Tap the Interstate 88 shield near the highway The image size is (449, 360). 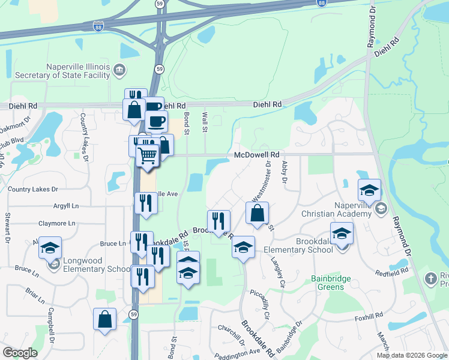(98, 26)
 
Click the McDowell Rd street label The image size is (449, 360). (257, 154)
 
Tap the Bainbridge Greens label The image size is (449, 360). (327, 283)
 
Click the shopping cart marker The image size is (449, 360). (148, 156)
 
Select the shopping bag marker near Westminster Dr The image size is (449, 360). (257, 213)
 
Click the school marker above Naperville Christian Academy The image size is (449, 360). (369, 190)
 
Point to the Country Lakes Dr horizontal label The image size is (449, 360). (33, 189)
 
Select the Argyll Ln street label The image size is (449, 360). (65, 206)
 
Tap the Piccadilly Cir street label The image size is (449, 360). (264, 306)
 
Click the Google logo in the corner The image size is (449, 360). (20, 352)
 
